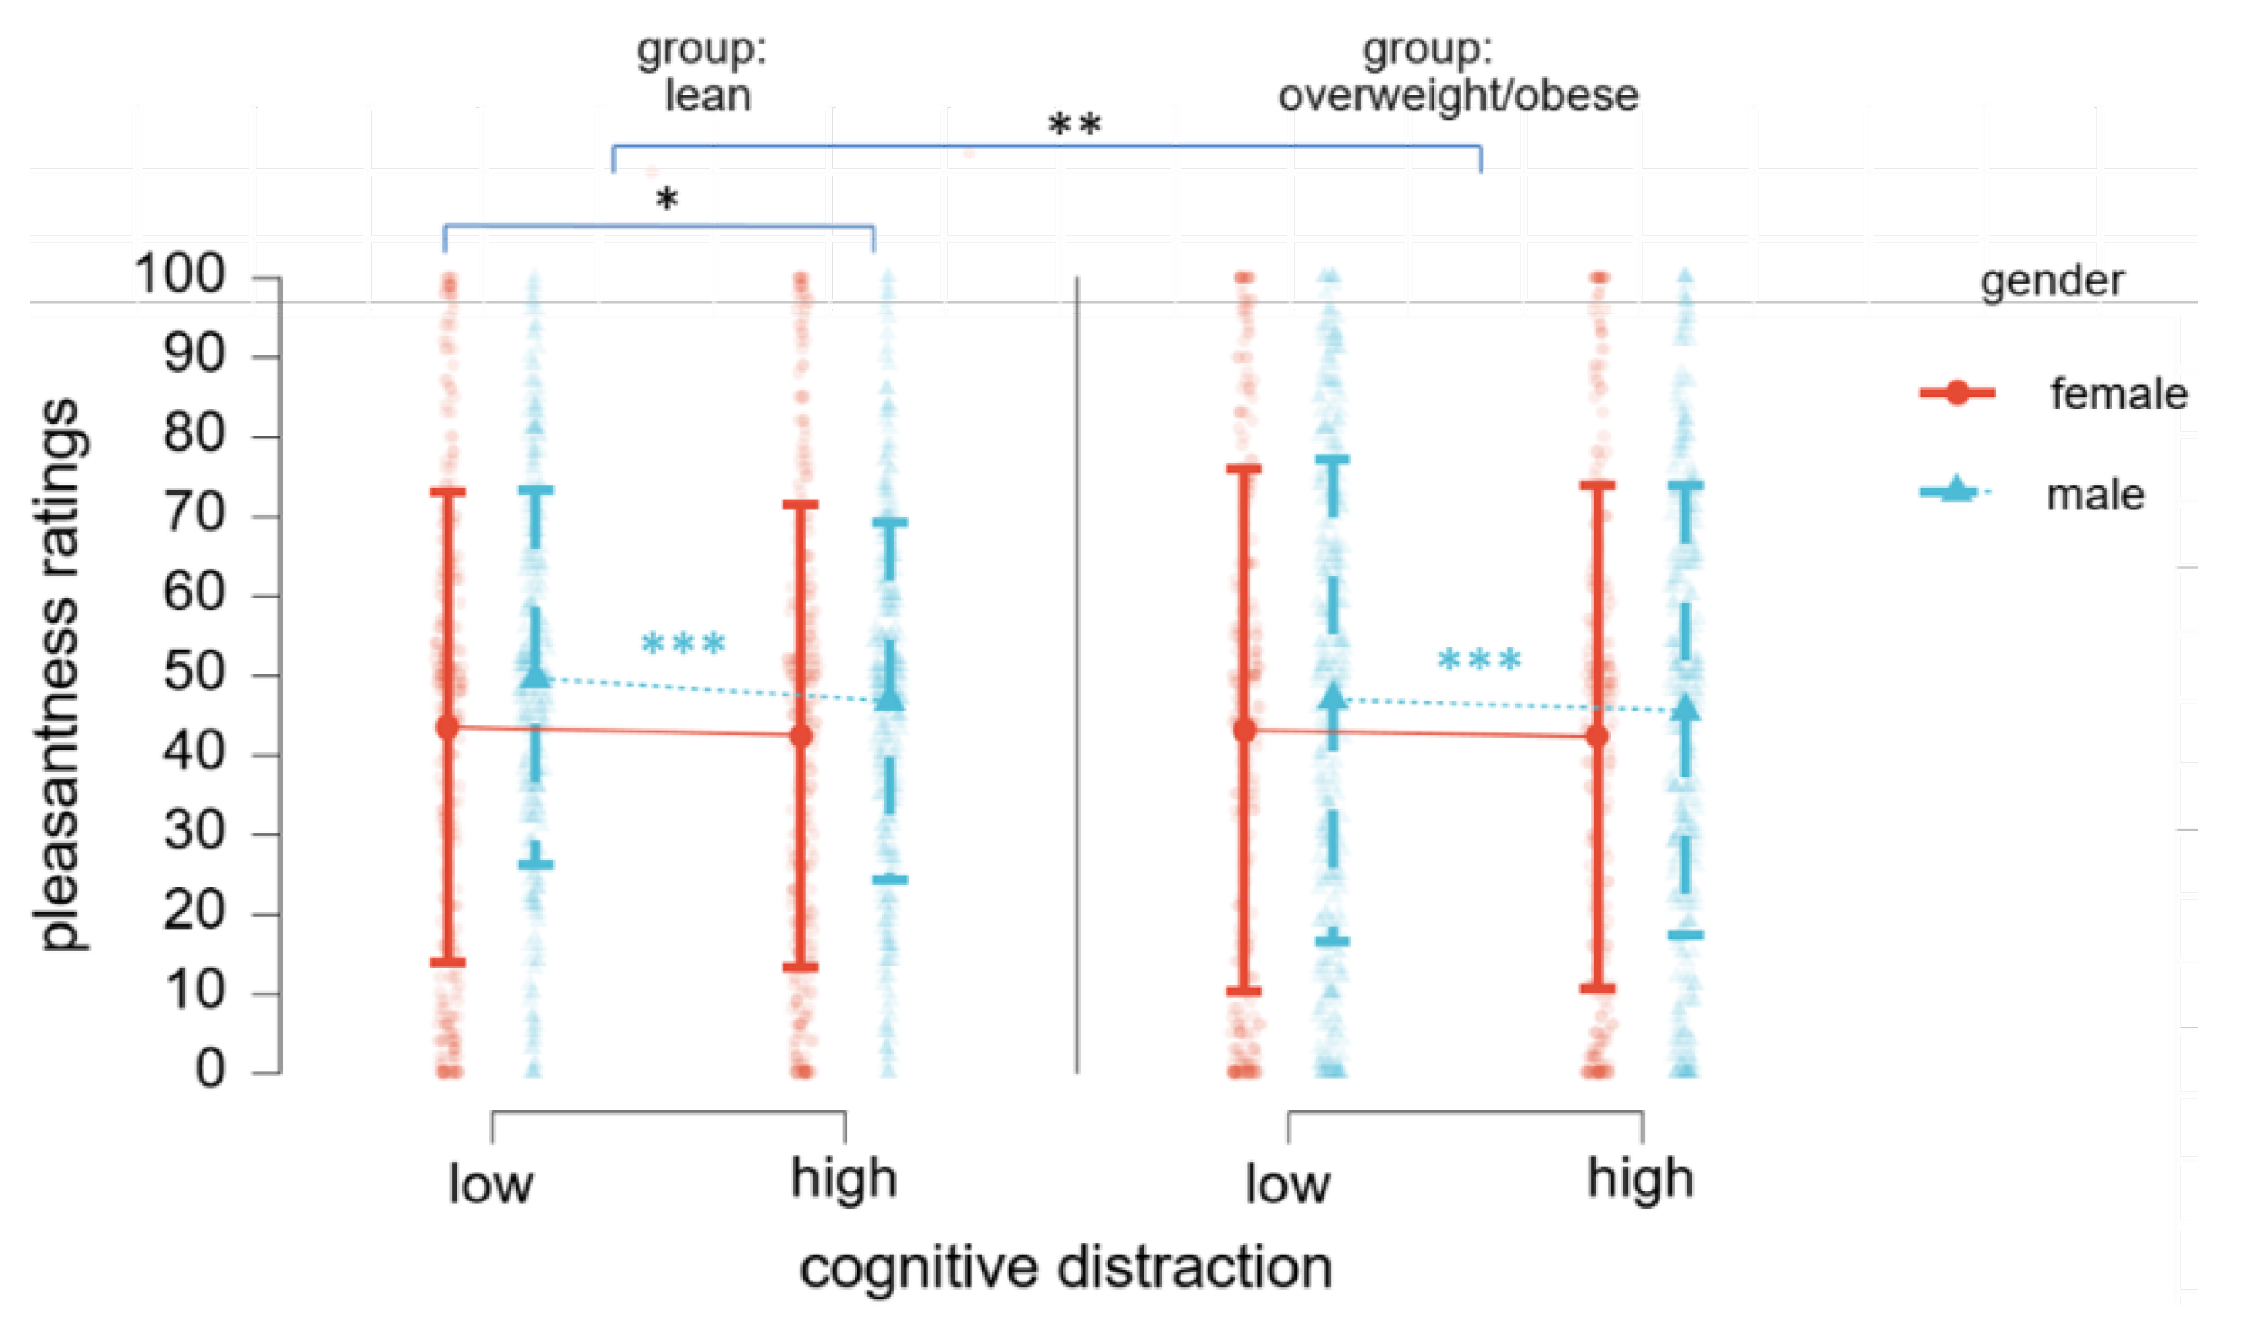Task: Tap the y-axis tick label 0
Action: [x=210, y=1070]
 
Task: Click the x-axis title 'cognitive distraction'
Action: [x=1065, y=1268]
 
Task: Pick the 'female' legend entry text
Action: [x=2118, y=394]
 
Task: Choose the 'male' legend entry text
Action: [x=2094, y=495]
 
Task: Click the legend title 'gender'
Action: [x=2051, y=281]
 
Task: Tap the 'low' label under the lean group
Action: [x=491, y=1183]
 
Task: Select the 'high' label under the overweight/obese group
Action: [x=1640, y=1179]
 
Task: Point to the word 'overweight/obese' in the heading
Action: [x=1458, y=95]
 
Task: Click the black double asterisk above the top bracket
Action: [x=1074, y=124]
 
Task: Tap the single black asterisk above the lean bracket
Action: [x=666, y=199]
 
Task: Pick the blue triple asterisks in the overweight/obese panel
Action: [x=1479, y=661]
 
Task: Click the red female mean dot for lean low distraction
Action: [x=448, y=727]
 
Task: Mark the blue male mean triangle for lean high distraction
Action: [x=889, y=698]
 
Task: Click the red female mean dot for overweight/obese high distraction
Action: [x=1596, y=736]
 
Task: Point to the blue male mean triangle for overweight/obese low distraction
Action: [x=1333, y=696]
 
